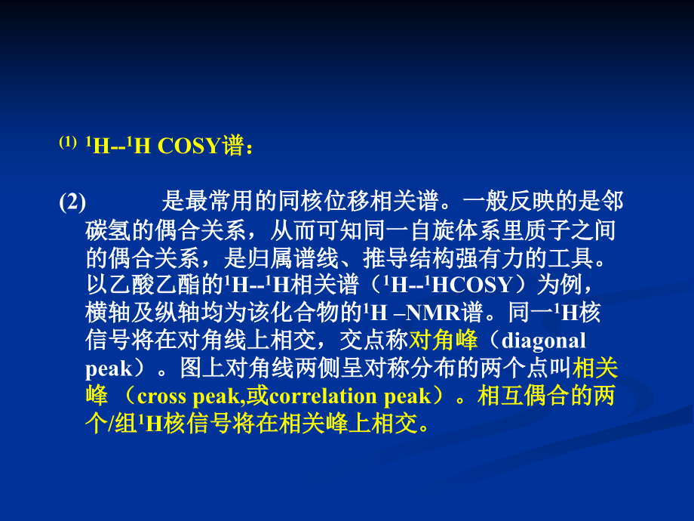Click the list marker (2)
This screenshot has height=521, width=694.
point(72,202)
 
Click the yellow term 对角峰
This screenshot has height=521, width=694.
point(444,340)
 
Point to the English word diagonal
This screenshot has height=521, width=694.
point(543,340)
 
